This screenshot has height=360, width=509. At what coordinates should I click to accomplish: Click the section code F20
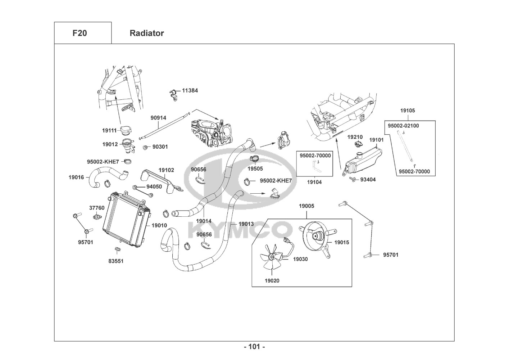tap(79, 33)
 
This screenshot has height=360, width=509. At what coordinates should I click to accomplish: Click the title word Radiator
tap(146, 33)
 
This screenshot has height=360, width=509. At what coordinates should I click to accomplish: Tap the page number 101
tap(254, 347)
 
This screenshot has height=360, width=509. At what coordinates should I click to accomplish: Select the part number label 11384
tap(190, 90)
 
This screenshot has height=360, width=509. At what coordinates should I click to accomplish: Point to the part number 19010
tap(159, 225)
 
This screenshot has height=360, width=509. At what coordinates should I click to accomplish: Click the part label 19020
tap(272, 281)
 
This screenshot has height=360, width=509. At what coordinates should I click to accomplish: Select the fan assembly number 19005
tap(306, 206)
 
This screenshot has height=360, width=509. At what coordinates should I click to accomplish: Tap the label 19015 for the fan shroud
tap(341, 242)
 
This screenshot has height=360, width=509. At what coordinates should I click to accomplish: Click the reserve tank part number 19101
tap(376, 140)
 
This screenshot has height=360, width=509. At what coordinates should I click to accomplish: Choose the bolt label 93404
tap(368, 180)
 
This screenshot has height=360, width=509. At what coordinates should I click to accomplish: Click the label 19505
tap(255, 168)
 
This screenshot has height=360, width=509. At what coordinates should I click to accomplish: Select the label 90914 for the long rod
tap(158, 118)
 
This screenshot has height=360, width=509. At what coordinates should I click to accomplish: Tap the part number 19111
tap(109, 130)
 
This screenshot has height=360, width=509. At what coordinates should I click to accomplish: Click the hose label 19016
tap(76, 177)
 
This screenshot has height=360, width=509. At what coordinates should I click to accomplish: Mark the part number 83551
tap(116, 261)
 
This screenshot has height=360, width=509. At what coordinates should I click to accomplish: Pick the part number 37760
tap(97, 208)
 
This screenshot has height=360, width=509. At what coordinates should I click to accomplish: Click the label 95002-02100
tap(403, 126)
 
